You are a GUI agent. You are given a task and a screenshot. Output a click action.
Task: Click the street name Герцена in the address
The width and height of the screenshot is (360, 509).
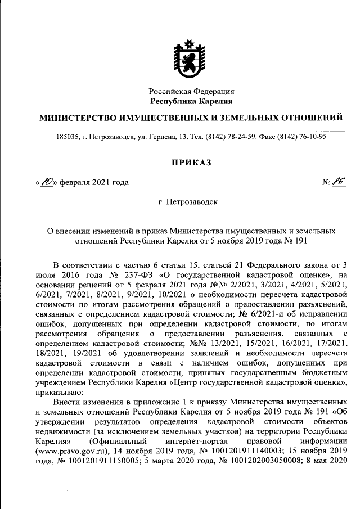tap(160, 137)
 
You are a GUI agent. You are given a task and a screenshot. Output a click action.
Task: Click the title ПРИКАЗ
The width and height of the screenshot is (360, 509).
tap(191, 162)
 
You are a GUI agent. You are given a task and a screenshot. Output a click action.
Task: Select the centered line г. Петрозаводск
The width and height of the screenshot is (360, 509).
tap(191, 201)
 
